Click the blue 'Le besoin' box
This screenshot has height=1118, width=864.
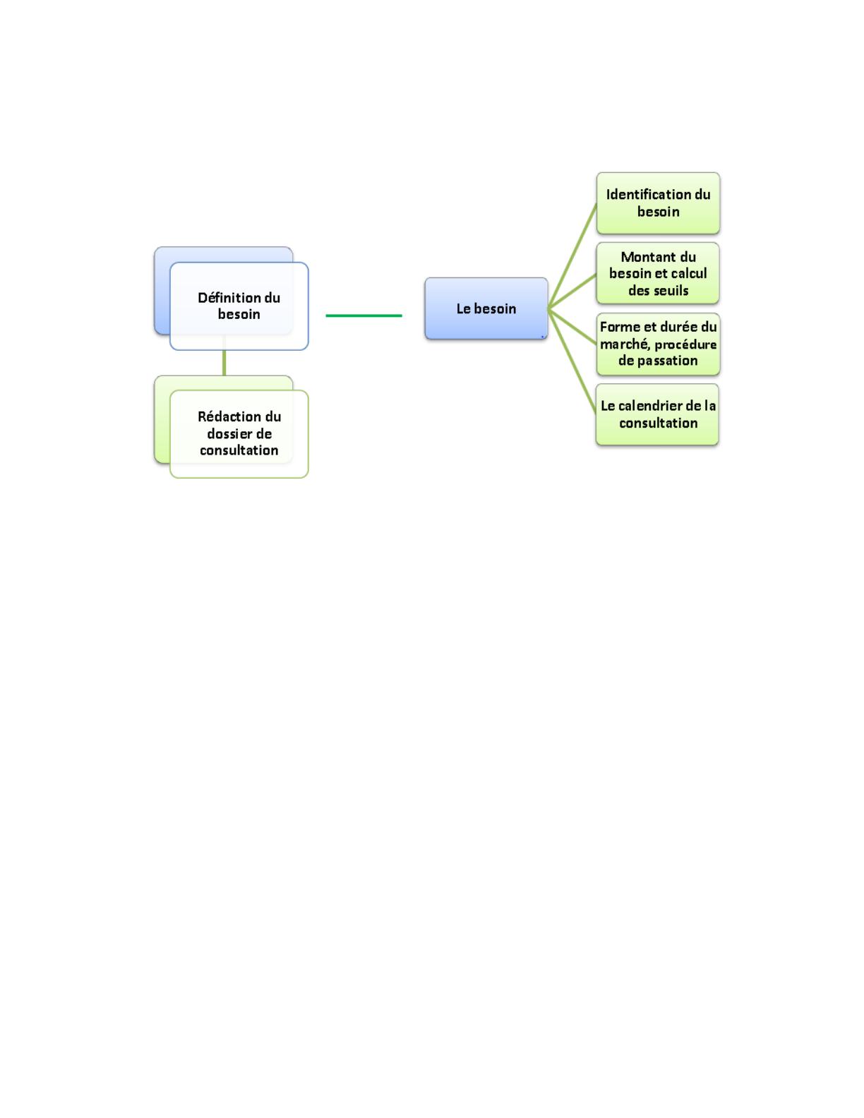pos(486,308)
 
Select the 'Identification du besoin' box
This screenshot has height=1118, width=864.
pos(658,203)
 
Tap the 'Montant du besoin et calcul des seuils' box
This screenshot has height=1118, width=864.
pos(658,273)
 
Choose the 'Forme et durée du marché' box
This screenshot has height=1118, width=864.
pos(658,344)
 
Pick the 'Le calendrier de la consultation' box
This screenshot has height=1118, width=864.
pos(657,414)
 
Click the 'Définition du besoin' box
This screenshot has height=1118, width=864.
pos(239,306)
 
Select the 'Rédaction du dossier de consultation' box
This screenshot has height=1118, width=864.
pos(239,434)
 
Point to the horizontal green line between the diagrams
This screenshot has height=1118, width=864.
pos(364,315)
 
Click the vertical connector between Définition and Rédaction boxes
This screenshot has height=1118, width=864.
pos(224,363)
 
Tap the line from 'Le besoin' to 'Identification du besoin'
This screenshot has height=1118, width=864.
pos(572,256)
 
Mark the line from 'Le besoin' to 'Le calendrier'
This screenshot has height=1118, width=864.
pos(572,361)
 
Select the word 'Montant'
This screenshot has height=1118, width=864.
pos(644,257)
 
